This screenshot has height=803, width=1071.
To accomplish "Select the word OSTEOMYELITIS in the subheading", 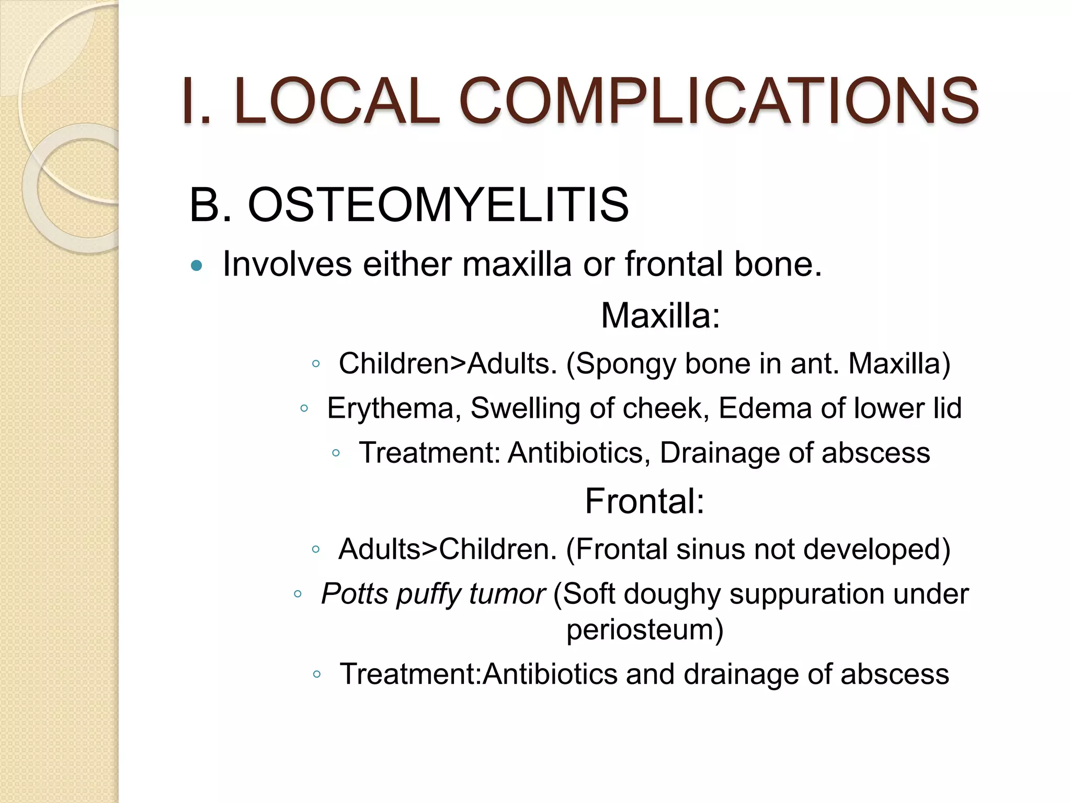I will (438, 205).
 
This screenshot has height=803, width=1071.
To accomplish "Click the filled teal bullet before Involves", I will (197, 266).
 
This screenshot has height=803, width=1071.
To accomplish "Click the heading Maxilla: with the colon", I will (660, 316).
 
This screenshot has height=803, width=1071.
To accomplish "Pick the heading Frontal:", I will (644, 501).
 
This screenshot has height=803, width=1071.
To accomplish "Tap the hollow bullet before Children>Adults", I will (315, 364).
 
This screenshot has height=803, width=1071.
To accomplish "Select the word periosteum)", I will (644, 629).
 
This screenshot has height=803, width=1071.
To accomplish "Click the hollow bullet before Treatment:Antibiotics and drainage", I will (316, 674).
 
